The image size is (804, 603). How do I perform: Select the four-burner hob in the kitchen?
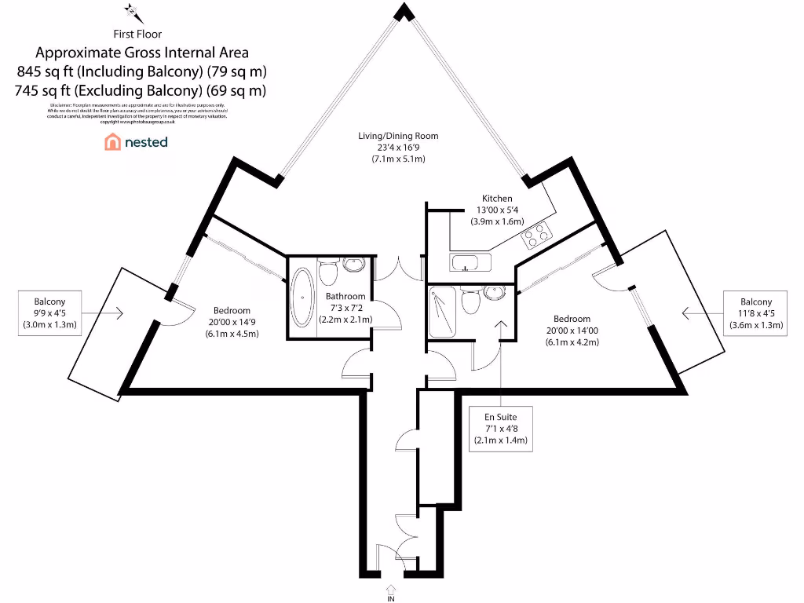pyautogui.click(x=538, y=232)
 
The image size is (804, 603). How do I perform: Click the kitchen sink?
pyautogui.click(x=470, y=262)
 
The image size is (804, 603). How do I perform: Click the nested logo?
pyautogui.click(x=136, y=142)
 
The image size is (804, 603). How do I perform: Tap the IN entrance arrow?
pyautogui.click(x=390, y=590)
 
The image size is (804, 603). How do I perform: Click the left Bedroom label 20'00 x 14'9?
pyautogui.click(x=232, y=322)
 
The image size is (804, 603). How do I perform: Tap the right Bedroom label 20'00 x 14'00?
pyautogui.click(x=572, y=330)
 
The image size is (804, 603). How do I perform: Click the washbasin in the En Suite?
pyautogui.click(x=495, y=292)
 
